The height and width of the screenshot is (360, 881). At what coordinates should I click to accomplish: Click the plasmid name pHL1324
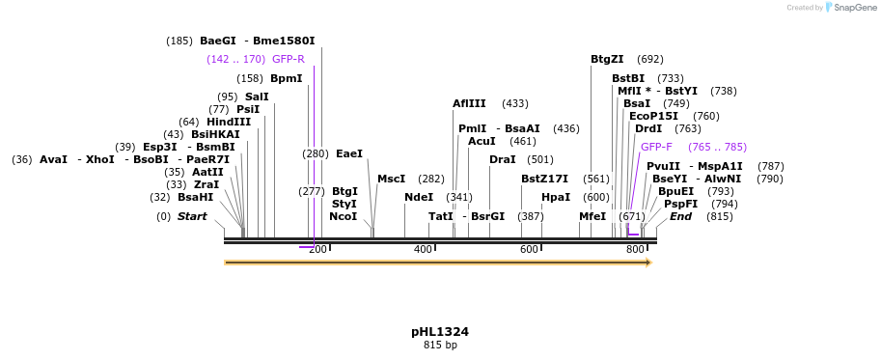point(440,332)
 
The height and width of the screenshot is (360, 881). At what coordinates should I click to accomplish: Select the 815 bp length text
point(440,346)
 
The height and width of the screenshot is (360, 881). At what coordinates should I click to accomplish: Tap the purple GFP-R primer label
point(289,59)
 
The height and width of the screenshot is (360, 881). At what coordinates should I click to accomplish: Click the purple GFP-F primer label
point(656,147)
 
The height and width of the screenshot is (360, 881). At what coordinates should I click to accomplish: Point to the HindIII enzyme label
point(229,122)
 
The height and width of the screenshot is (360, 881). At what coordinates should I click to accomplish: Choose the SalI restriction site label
point(257,97)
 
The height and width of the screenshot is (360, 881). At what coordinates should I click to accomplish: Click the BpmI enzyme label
point(287,78)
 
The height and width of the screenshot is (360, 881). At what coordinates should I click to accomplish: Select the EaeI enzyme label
point(349,153)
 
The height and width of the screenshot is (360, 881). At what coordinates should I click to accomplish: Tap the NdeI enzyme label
point(419,197)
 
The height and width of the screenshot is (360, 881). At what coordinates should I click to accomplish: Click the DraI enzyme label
point(502,159)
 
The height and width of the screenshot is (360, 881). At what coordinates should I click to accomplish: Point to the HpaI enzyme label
point(556,197)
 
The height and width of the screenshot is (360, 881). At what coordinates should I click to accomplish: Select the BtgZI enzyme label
point(607,59)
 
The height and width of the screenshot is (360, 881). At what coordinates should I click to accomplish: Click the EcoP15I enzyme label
point(653,116)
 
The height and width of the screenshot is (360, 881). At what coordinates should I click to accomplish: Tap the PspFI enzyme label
point(680,204)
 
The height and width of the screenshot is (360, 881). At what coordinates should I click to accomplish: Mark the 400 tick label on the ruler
point(423,250)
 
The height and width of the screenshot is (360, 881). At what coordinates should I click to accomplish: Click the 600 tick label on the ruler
point(529,250)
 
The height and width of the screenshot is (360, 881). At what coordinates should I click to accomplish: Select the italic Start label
point(192,216)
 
